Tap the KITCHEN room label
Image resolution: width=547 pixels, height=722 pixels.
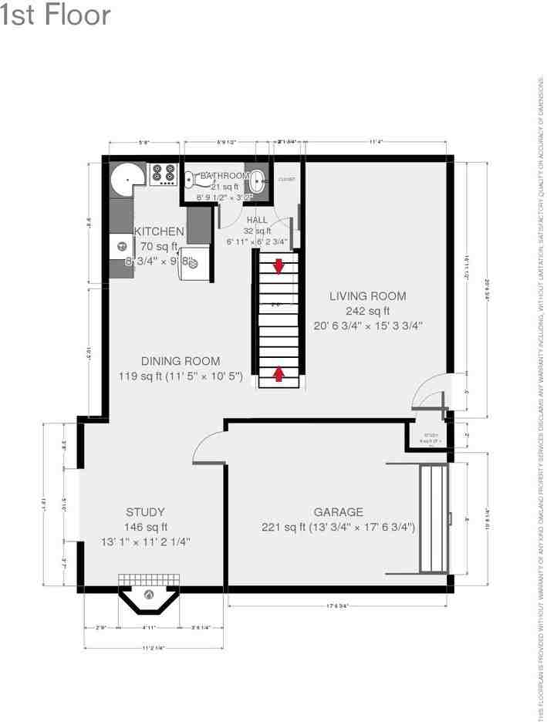[159, 231]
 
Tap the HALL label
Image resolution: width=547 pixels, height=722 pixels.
[257, 221]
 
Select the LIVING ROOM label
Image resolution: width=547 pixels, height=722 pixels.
[367, 296]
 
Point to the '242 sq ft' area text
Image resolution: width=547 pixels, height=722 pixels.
[367, 310]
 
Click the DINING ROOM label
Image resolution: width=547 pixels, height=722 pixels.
[181, 361]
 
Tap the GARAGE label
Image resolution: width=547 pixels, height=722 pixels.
[338, 512]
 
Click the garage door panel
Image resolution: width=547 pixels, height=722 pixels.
[432, 518]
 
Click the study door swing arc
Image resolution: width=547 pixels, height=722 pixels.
[204, 447]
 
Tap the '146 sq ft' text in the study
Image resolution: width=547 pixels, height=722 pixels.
[146, 527]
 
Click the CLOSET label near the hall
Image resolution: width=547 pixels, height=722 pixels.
[286, 179]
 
